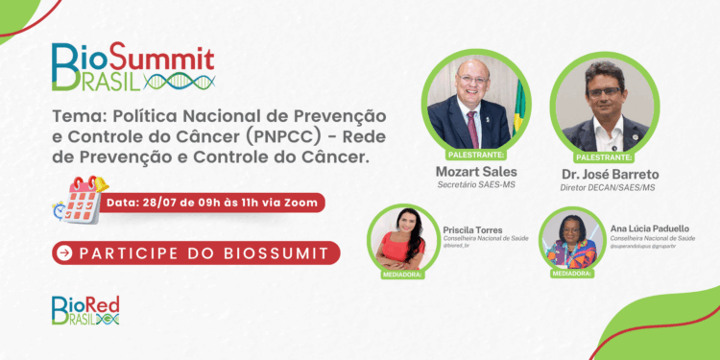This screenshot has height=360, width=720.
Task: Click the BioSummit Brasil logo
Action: pos(133,66)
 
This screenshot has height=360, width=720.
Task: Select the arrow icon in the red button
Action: pos(65,253)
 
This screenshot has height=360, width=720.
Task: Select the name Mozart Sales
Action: pos(476,172)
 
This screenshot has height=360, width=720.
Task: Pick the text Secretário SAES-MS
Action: pos(476,185)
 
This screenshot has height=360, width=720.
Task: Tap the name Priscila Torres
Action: pos(472,230)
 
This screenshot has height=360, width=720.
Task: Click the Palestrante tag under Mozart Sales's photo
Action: pos(476,154)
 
